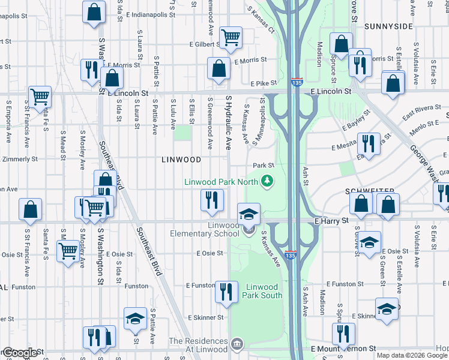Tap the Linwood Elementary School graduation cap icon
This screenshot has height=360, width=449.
pos(249,213)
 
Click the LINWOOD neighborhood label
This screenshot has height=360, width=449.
pos(181,160)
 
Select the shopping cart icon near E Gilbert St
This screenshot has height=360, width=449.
pos(231,37)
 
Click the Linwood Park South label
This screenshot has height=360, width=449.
pos(262,291)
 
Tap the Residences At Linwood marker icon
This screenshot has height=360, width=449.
pos(238,344)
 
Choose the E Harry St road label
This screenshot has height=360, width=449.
pos(331,221)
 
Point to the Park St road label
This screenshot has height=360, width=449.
pos(263,165)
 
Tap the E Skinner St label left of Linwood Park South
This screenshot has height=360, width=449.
pos(205,317)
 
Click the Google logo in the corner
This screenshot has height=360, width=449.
pos(19,353)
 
